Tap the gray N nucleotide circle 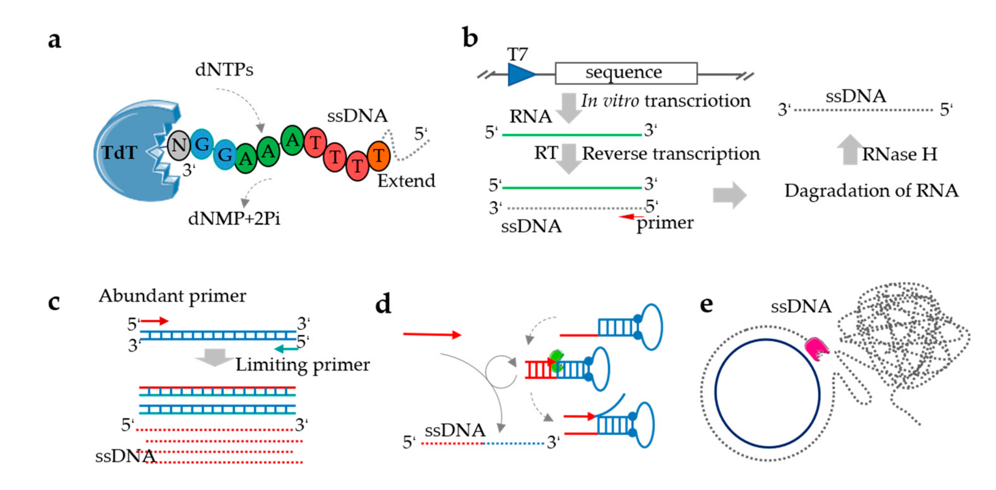[179, 145]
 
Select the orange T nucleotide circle [379, 156]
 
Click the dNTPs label [224, 70]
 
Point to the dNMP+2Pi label [234, 219]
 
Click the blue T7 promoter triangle [520, 74]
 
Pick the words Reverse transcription [671, 154]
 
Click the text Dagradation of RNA [871, 191]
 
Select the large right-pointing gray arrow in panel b [729, 195]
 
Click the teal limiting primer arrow [286, 349]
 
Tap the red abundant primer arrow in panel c [155, 321]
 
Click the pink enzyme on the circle [816, 349]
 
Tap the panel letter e [707, 304]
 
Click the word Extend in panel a [406, 181]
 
